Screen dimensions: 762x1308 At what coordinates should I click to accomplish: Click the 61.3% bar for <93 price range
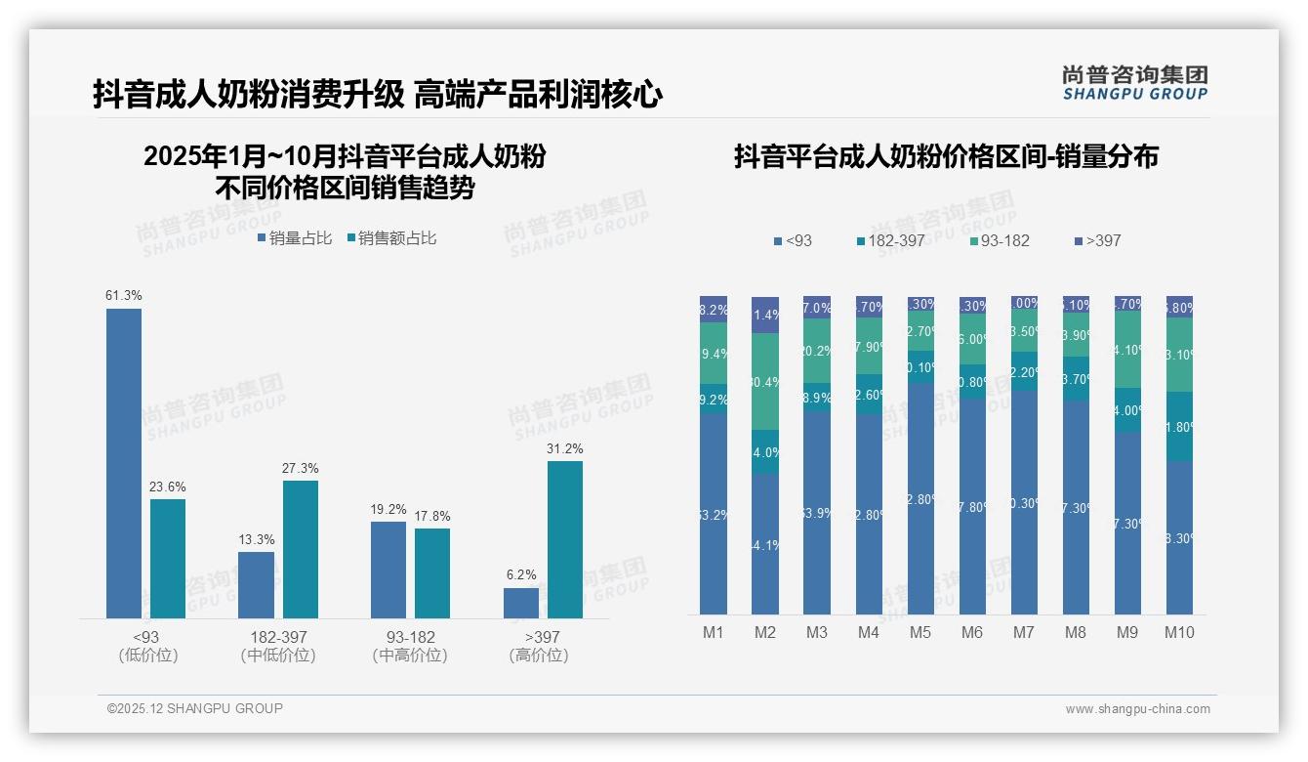pos(124,463)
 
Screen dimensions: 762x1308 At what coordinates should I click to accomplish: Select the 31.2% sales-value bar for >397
pos(565,539)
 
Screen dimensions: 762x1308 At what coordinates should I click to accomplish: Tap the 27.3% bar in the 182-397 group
pos(301,549)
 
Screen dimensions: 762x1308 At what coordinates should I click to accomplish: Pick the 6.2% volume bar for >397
pos(521,603)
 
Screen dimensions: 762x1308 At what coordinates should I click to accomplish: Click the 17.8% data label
pos(432,516)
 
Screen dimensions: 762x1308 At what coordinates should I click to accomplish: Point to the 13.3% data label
pos(257,539)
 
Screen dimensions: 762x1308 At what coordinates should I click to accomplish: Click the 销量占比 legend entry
pos(295,238)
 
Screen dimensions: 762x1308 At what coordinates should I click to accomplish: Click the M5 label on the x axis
pos(920,632)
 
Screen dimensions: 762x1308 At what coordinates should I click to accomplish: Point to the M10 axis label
pos(1179,632)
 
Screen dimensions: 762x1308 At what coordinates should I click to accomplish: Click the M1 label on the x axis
pos(714,632)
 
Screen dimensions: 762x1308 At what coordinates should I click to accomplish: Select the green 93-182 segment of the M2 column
pos(765,381)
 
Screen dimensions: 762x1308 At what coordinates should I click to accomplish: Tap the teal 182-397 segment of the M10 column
pos(1179,426)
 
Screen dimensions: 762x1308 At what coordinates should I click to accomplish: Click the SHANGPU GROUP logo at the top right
pos(1134,83)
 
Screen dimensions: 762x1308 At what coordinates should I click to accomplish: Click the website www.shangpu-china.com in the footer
pos(1137,709)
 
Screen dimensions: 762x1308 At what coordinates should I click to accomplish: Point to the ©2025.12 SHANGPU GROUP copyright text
pos(195,708)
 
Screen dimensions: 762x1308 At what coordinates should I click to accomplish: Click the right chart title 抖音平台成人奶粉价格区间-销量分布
pos(946,156)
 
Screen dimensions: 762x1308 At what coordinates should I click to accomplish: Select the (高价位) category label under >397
pos(539,656)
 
